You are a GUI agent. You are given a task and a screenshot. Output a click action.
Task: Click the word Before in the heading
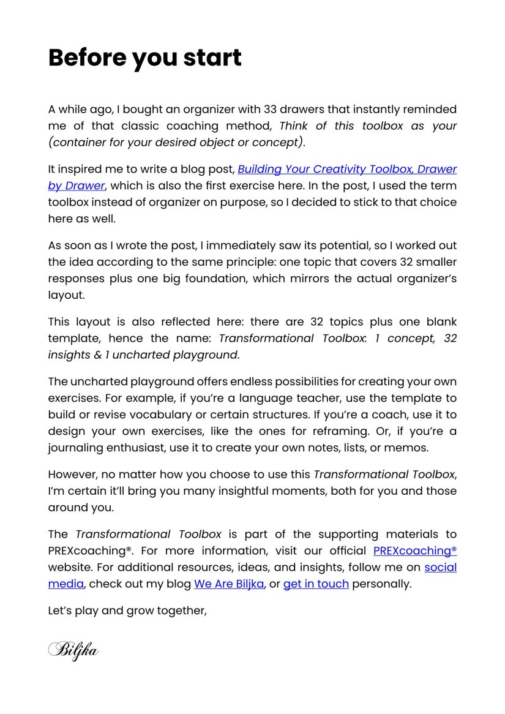(86, 58)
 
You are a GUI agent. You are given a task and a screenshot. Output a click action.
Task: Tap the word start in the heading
(212, 58)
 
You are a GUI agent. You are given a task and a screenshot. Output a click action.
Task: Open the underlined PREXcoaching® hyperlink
(415, 551)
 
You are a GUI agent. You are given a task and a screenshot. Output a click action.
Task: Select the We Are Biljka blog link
(229, 584)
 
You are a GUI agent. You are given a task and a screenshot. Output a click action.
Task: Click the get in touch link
(316, 584)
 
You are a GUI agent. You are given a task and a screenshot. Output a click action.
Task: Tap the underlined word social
(441, 567)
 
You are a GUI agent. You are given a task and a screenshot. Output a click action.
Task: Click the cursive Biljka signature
(73, 649)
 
